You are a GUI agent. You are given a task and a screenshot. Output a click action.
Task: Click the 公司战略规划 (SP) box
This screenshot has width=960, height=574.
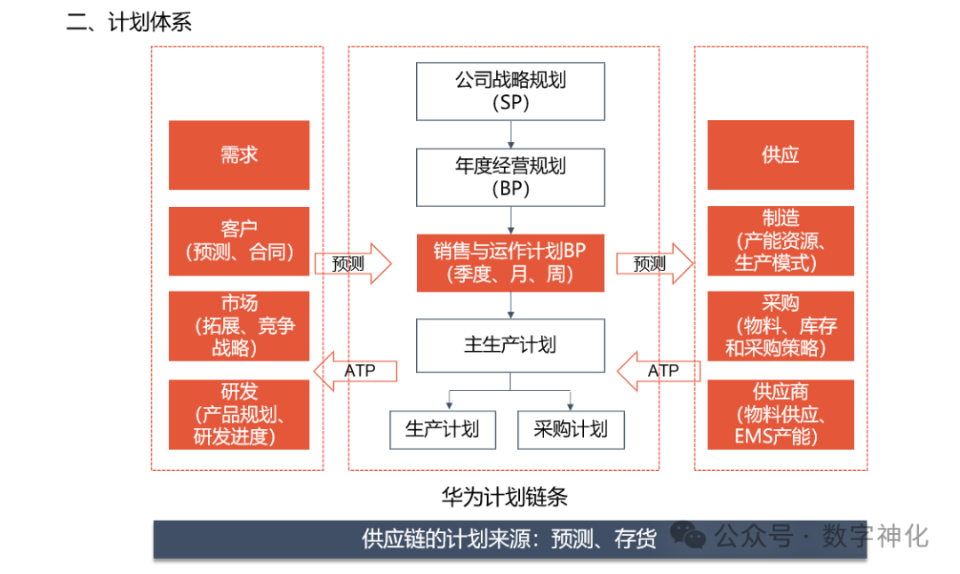click(x=510, y=91)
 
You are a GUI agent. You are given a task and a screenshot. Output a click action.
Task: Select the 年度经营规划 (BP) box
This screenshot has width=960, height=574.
click(x=510, y=177)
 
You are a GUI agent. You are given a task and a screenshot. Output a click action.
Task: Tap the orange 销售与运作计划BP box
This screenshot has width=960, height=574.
click(x=510, y=263)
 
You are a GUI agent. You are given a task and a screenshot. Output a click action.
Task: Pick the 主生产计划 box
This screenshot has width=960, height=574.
click(x=510, y=345)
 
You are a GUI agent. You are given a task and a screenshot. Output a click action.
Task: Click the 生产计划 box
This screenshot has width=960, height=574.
click(x=442, y=430)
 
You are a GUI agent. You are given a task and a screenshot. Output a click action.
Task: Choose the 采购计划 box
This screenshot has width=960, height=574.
click(x=571, y=430)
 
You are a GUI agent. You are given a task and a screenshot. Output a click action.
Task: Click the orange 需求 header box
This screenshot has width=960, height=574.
click(x=239, y=155)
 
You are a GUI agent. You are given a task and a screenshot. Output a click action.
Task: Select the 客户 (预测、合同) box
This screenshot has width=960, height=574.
click(x=239, y=241)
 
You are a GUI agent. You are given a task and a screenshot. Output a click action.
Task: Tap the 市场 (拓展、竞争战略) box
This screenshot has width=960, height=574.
click(x=239, y=326)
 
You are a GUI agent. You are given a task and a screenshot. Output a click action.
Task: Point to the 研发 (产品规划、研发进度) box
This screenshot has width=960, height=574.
click(x=239, y=414)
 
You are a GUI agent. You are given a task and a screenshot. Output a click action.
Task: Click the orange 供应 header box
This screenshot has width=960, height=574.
click(x=780, y=155)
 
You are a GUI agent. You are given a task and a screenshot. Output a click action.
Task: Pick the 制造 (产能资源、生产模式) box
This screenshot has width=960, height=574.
click(x=780, y=241)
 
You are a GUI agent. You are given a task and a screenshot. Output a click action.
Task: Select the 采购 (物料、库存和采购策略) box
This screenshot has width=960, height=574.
click(x=780, y=326)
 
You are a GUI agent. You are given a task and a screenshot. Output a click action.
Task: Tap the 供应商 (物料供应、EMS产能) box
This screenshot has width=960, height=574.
click(x=780, y=414)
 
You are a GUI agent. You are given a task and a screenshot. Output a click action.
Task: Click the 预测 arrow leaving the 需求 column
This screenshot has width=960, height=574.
click(x=353, y=264)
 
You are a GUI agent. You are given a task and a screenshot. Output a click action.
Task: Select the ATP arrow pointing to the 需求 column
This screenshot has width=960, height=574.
click(x=356, y=371)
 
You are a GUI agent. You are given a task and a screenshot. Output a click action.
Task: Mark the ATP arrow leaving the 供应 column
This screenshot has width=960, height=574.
click(x=658, y=371)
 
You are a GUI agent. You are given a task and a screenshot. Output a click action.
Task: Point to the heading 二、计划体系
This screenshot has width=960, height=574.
click(x=130, y=22)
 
